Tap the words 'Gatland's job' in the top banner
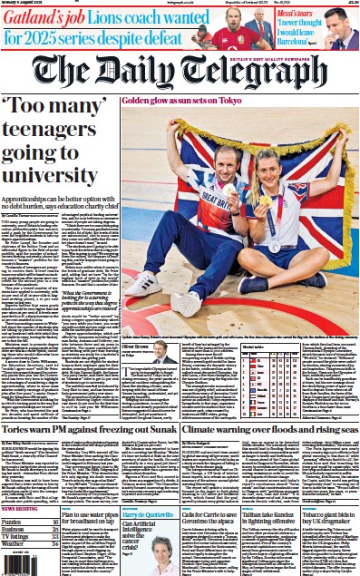pyautogui.click(x=40, y=17)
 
